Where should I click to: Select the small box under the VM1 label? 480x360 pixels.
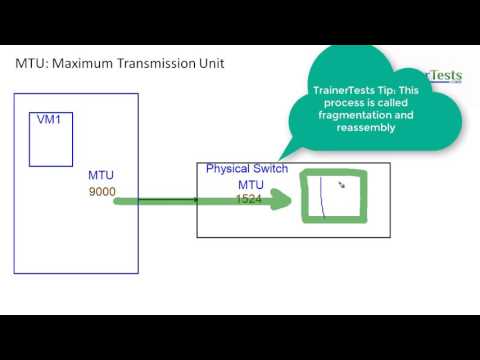[x=50, y=145]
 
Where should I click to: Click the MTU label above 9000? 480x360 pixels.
[x=101, y=175]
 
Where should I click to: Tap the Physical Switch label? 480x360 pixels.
[x=246, y=169]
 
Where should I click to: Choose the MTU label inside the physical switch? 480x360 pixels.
[x=250, y=186]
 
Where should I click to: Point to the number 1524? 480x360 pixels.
[x=250, y=200]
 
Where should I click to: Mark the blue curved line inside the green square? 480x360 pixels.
[x=321, y=197]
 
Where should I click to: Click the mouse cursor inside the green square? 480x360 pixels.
[x=342, y=185]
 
